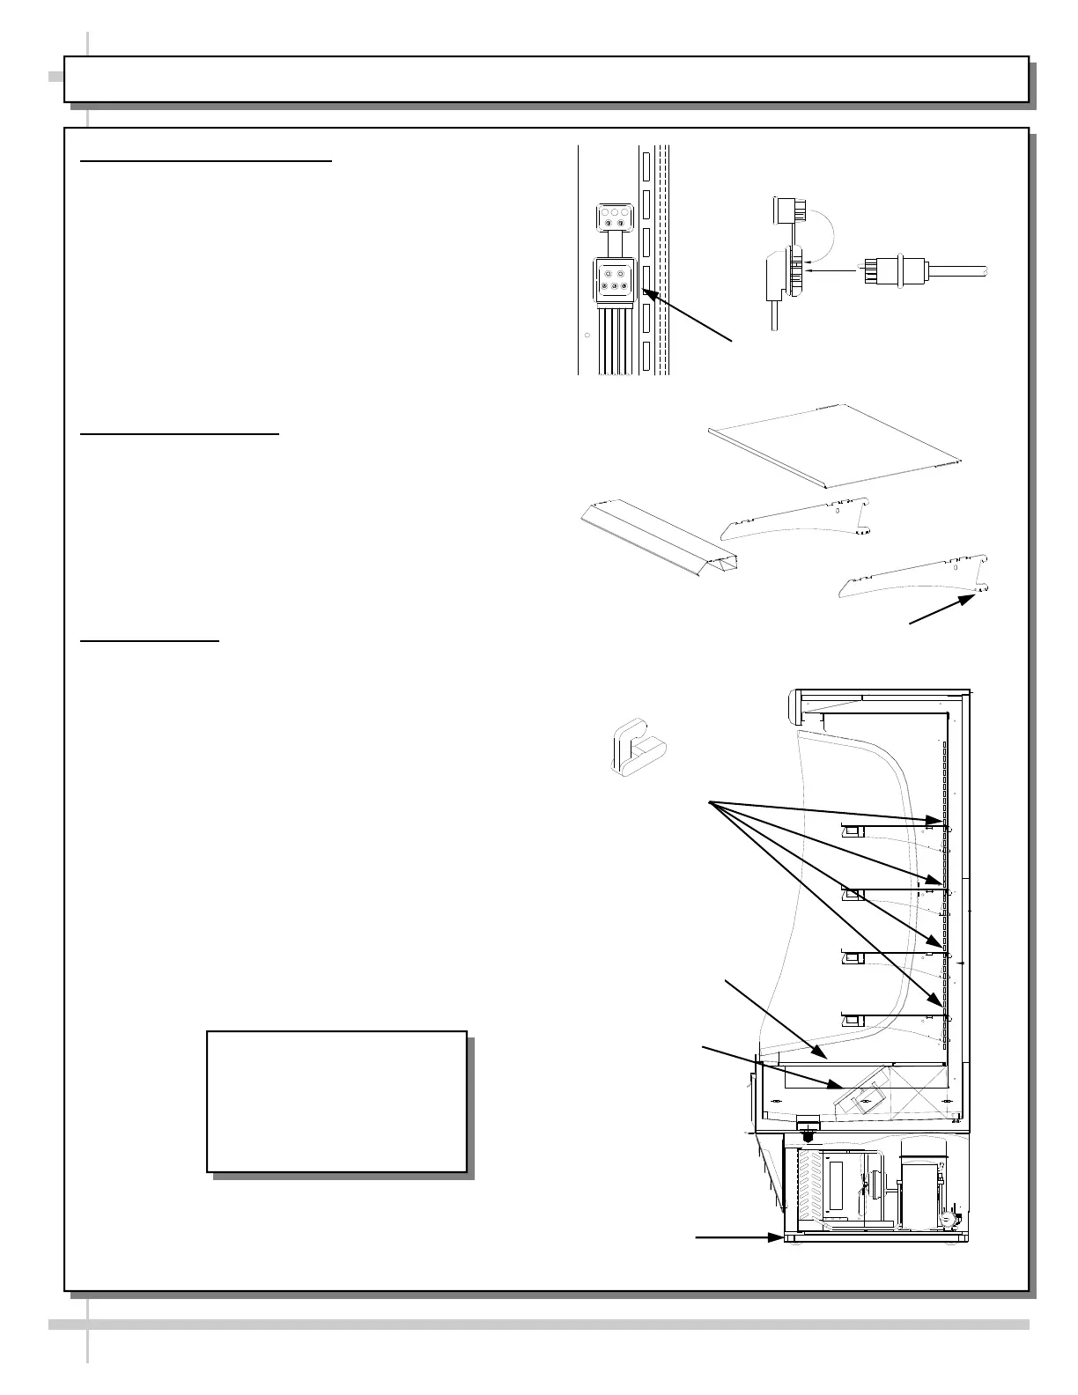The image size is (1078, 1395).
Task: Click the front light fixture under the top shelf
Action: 853,830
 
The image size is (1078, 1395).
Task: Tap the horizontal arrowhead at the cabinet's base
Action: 776,1237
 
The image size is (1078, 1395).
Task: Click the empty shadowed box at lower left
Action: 336,1101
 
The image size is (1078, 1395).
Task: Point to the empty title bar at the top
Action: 546,79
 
